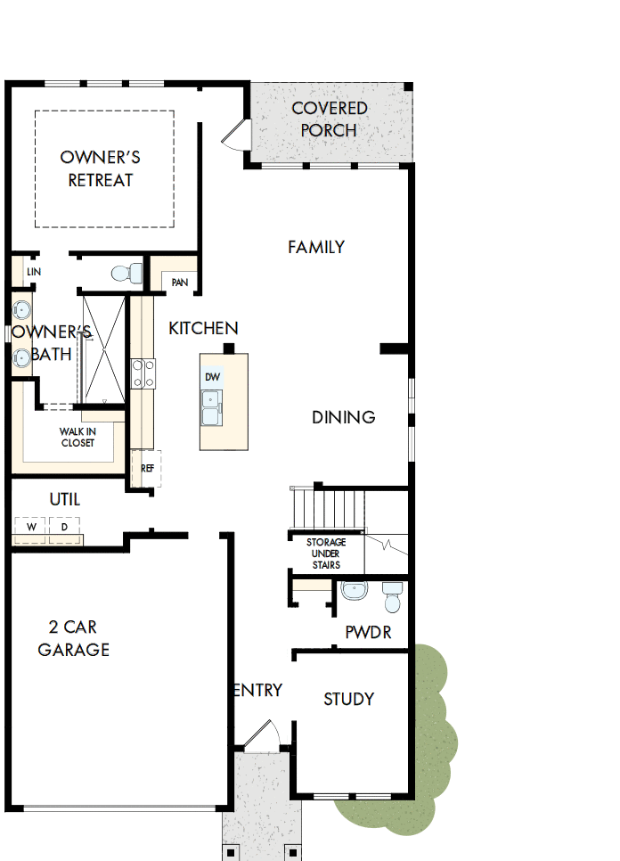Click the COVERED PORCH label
pos(329,119)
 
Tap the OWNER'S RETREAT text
pos(100,168)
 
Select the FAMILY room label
pos(316,247)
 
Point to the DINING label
pos(343,417)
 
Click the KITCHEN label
pos(203,329)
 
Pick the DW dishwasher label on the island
pos(212,377)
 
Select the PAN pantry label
pos(180,283)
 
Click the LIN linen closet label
pos(34,272)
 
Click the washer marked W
pos(32,528)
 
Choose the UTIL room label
pos(64,500)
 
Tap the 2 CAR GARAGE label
pos(74,637)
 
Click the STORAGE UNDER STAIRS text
pos(326,553)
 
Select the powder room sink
pos(355,590)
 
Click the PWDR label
pos(368,633)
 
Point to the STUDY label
pos(348,699)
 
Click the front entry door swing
pos(262,736)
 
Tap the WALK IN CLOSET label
pos(77,437)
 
